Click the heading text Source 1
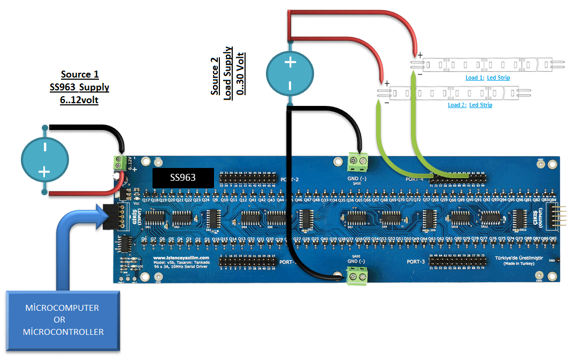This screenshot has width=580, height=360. (80, 74)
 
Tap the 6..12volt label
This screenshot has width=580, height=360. (79, 99)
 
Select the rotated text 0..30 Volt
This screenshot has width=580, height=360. (241, 73)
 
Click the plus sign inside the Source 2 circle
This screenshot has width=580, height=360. (289, 63)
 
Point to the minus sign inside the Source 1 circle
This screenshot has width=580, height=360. (44, 145)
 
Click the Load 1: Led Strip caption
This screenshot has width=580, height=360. (487, 78)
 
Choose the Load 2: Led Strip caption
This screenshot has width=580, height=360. (470, 105)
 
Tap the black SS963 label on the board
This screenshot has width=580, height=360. (183, 178)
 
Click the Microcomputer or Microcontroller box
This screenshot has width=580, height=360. (63, 321)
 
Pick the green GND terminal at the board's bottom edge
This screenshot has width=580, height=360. (359, 275)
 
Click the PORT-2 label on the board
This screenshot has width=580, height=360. (291, 180)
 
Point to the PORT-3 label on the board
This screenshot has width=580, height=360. (416, 262)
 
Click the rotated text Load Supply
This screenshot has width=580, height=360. (228, 73)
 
